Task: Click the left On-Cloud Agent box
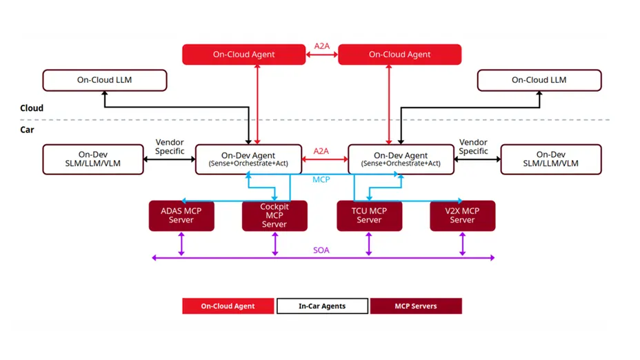[x=243, y=54]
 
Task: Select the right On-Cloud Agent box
[x=399, y=54]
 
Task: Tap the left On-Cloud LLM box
[x=104, y=80]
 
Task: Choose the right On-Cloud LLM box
[x=539, y=80]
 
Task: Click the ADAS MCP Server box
[x=181, y=215]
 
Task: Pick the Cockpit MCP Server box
[x=274, y=215]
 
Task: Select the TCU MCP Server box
[x=369, y=215]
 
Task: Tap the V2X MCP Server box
[x=462, y=215]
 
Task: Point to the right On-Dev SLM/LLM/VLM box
[x=550, y=159]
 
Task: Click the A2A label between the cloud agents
[x=321, y=47]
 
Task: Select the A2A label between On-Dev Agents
[x=321, y=151]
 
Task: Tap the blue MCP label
[x=321, y=180]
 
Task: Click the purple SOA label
[x=321, y=250]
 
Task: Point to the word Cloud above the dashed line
[x=32, y=108]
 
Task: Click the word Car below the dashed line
[x=27, y=129]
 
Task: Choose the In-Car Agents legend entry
[x=322, y=306]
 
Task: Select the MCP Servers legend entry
[x=416, y=306]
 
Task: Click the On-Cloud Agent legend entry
[x=228, y=306]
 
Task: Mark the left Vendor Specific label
[x=170, y=146]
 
